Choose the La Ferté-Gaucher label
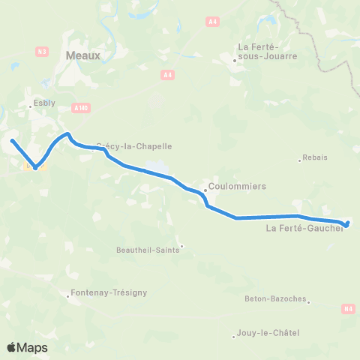304,229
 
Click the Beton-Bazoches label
275,298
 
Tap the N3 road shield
42,51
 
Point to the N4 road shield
347,308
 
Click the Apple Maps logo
27,347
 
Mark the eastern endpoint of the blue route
346,223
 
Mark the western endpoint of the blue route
12,140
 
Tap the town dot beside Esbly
30,106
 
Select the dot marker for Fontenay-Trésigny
67,295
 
